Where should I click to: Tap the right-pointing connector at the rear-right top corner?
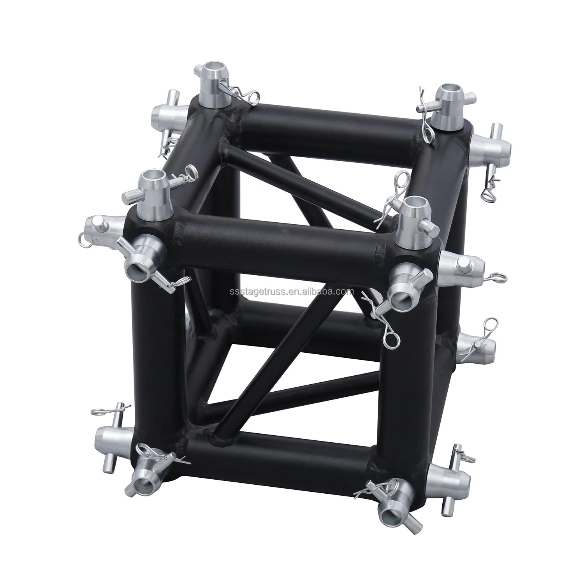point(487,146)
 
